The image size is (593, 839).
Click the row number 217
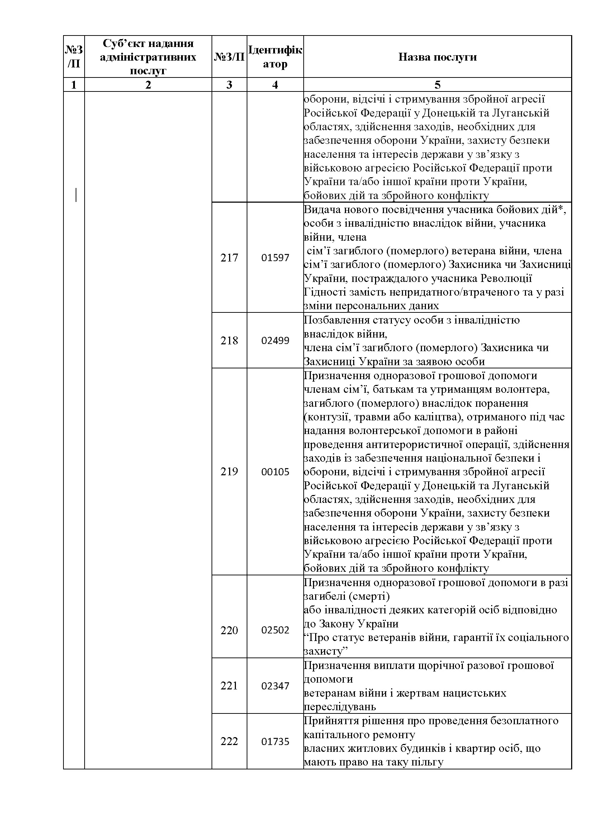[x=229, y=258]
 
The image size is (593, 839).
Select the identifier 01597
[x=275, y=258]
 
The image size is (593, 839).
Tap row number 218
[x=229, y=340]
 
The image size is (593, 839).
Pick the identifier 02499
[x=275, y=340]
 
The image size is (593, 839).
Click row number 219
[x=229, y=471]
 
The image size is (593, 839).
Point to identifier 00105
[x=275, y=471]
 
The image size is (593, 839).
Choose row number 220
[x=229, y=630]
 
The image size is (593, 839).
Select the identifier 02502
[x=275, y=630]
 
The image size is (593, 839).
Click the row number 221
[x=229, y=685]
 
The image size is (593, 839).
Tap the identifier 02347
[x=275, y=685]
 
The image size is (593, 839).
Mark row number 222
[x=229, y=741]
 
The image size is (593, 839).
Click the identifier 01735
[x=275, y=741]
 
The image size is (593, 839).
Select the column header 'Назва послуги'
[x=437, y=57]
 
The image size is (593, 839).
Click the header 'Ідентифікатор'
[x=275, y=57]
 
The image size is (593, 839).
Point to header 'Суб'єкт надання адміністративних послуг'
[x=148, y=57]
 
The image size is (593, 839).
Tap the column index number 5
[x=437, y=85]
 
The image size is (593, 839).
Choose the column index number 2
[x=148, y=85]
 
